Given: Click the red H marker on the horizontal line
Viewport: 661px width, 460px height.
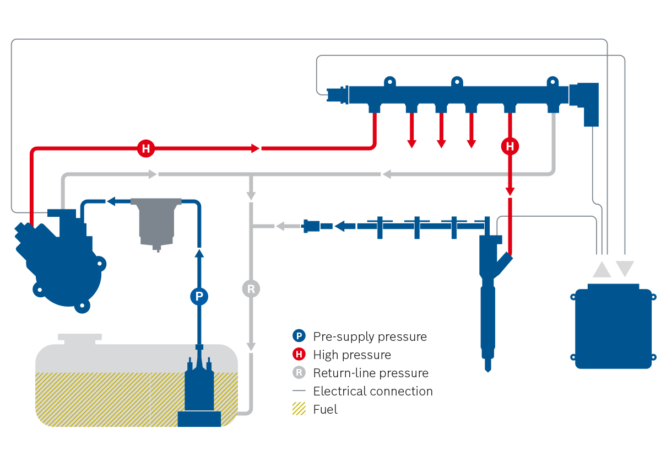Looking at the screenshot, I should coord(145,148).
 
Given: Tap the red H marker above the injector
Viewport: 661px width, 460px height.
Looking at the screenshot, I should coord(510,146).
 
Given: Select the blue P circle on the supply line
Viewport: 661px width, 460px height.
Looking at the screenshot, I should coord(199,297).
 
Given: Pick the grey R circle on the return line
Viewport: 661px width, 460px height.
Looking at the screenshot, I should coord(251,288).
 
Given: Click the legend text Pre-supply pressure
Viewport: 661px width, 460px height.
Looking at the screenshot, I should coord(370,336).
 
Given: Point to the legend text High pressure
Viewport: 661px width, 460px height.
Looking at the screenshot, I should coord(352,355).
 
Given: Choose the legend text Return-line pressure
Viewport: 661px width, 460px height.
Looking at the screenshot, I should coord(371,373).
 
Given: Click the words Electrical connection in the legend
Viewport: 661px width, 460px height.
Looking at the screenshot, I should coord(373,391).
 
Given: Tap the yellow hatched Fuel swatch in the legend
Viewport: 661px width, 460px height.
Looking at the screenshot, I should coord(299,409).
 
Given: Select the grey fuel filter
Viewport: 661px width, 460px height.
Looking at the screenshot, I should coord(156,221).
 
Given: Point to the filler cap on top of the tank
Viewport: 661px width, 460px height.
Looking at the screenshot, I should coord(80,338).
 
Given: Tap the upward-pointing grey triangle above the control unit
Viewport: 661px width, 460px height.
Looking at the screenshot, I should coord(602,269).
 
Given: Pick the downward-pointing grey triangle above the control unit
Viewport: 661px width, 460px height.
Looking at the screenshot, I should coord(625,269).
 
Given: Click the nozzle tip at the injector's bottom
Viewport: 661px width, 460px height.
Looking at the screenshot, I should coord(487,366).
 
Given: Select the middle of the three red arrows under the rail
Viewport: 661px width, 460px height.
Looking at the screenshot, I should coord(441,132).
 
